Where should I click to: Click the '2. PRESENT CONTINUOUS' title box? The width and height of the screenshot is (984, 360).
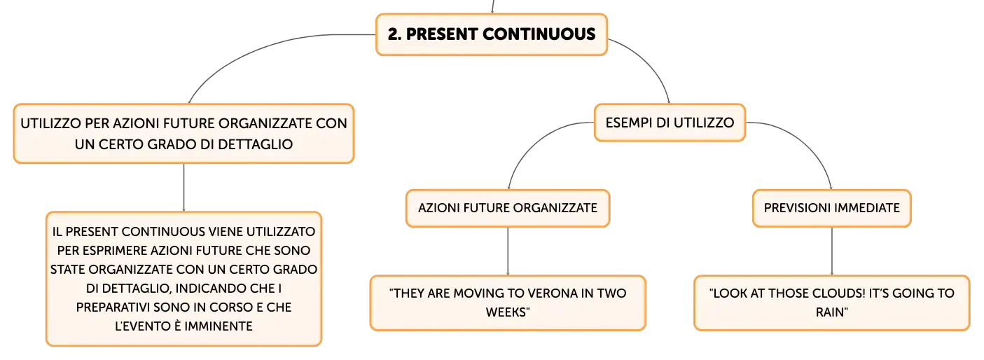point(492,34)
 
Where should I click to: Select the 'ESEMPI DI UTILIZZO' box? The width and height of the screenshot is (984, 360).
point(670,123)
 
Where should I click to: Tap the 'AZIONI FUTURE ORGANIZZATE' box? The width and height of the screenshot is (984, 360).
point(508,208)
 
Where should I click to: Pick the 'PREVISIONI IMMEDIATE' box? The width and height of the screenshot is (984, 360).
point(831,208)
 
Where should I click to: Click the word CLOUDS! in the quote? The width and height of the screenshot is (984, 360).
point(838,293)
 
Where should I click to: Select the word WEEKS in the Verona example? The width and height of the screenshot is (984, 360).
point(506,312)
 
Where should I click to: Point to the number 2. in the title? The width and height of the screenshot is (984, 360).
point(394,34)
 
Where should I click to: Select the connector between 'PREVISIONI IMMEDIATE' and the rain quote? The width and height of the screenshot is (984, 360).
point(831,251)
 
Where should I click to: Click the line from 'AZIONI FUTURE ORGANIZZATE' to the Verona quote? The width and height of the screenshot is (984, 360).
point(508,251)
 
